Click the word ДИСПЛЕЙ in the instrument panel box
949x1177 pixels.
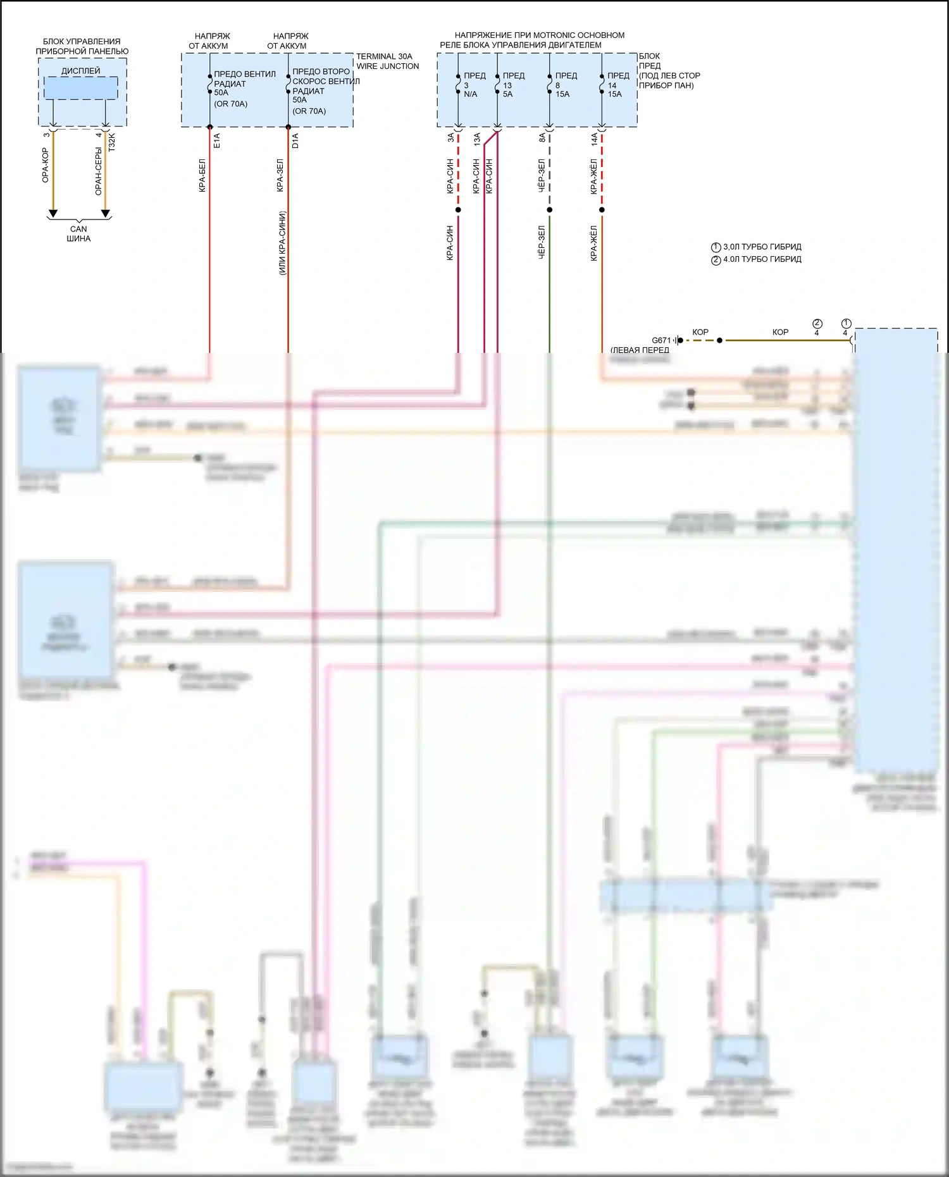pyautogui.click(x=80, y=71)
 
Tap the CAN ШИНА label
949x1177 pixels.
pyautogui.click(x=78, y=234)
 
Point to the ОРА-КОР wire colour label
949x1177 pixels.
pyautogui.click(x=45, y=165)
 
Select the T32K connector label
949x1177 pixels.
pyautogui.click(x=112, y=141)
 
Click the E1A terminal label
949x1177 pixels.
pyautogui.click(x=217, y=140)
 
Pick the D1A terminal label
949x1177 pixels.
pyautogui.click(x=295, y=140)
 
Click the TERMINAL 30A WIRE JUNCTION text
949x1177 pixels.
pyautogui.click(x=387, y=61)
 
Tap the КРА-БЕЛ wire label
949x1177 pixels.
pyautogui.click(x=202, y=175)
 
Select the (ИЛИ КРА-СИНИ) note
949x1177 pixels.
pyautogui.click(x=282, y=242)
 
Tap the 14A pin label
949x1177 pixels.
pyautogui.click(x=595, y=139)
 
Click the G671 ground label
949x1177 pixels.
pyautogui.click(x=661, y=340)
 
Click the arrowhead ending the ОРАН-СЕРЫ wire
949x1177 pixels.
pyautogui.click(x=106, y=214)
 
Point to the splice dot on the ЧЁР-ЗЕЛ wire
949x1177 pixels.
pyautogui.click(x=549, y=210)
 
